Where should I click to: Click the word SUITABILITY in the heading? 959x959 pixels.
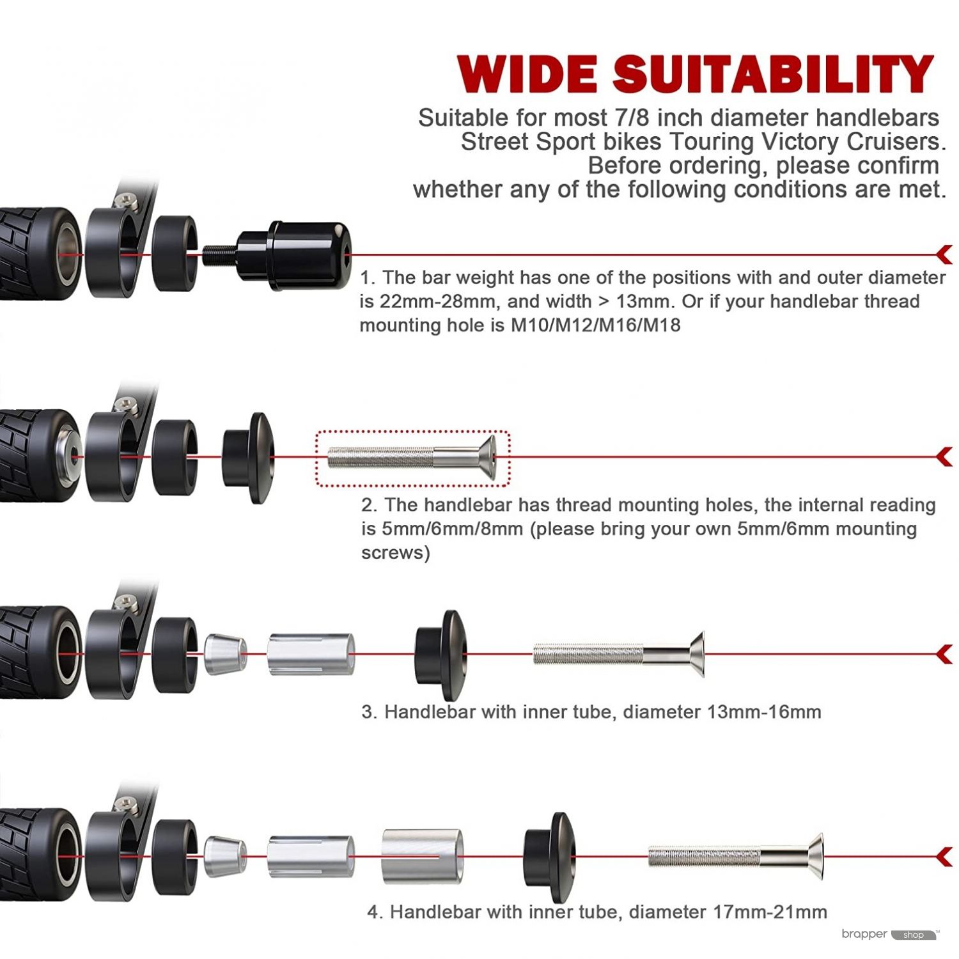(x=774, y=75)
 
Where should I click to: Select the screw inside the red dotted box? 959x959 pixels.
(x=413, y=457)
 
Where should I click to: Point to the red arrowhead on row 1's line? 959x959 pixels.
(x=944, y=254)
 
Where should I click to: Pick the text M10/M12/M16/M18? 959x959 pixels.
(x=595, y=325)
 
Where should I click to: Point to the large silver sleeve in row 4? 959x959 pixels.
(x=422, y=856)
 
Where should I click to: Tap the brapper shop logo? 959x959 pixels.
(x=889, y=935)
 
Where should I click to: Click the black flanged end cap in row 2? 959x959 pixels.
(x=249, y=457)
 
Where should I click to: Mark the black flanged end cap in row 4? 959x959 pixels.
(x=549, y=856)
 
